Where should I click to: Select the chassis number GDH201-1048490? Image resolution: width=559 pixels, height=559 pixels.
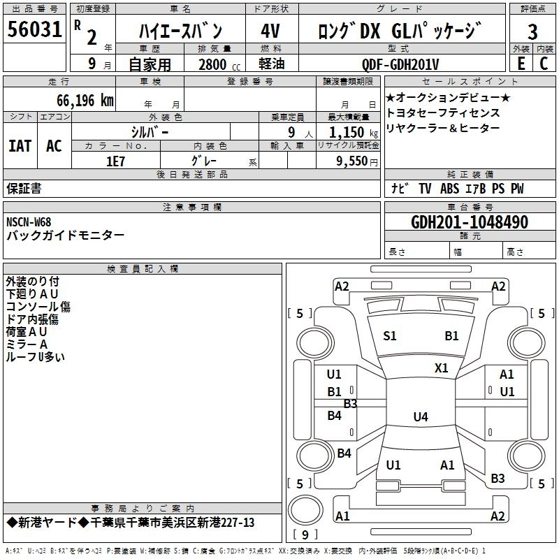pyautogui.click(x=469, y=222)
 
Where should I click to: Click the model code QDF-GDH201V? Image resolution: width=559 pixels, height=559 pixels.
pyautogui.click(x=400, y=64)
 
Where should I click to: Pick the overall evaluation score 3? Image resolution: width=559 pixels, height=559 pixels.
pyautogui.click(x=532, y=32)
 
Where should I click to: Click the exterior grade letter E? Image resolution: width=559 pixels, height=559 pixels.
pyautogui.click(x=521, y=64)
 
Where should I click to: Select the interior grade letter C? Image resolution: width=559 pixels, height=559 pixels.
pyautogui.click(x=544, y=64)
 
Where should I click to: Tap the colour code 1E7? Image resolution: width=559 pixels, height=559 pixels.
pyautogui.click(x=115, y=161)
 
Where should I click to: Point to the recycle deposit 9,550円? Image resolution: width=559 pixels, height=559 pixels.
pyautogui.click(x=354, y=161)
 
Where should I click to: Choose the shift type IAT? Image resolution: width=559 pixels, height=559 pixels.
pyautogui.click(x=20, y=146)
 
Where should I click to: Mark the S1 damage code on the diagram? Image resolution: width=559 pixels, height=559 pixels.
pyautogui.click(x=390, y=336)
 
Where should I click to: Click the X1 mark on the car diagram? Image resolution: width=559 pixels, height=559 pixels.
pyautogui.click(x=442, y=368)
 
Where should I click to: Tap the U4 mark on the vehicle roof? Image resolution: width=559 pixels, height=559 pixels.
pyautogui.click(x=420, y=417)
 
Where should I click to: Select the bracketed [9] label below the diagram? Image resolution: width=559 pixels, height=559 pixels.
pyautogui.click(x=305, y=535)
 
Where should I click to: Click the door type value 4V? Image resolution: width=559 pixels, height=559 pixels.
pyautogui.click(x=270, y=31)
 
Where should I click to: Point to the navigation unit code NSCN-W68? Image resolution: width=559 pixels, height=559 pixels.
pyautogui.click(x=29, y=222)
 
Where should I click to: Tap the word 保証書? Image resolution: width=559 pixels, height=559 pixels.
pyautogui.click(x=24, y=189)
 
